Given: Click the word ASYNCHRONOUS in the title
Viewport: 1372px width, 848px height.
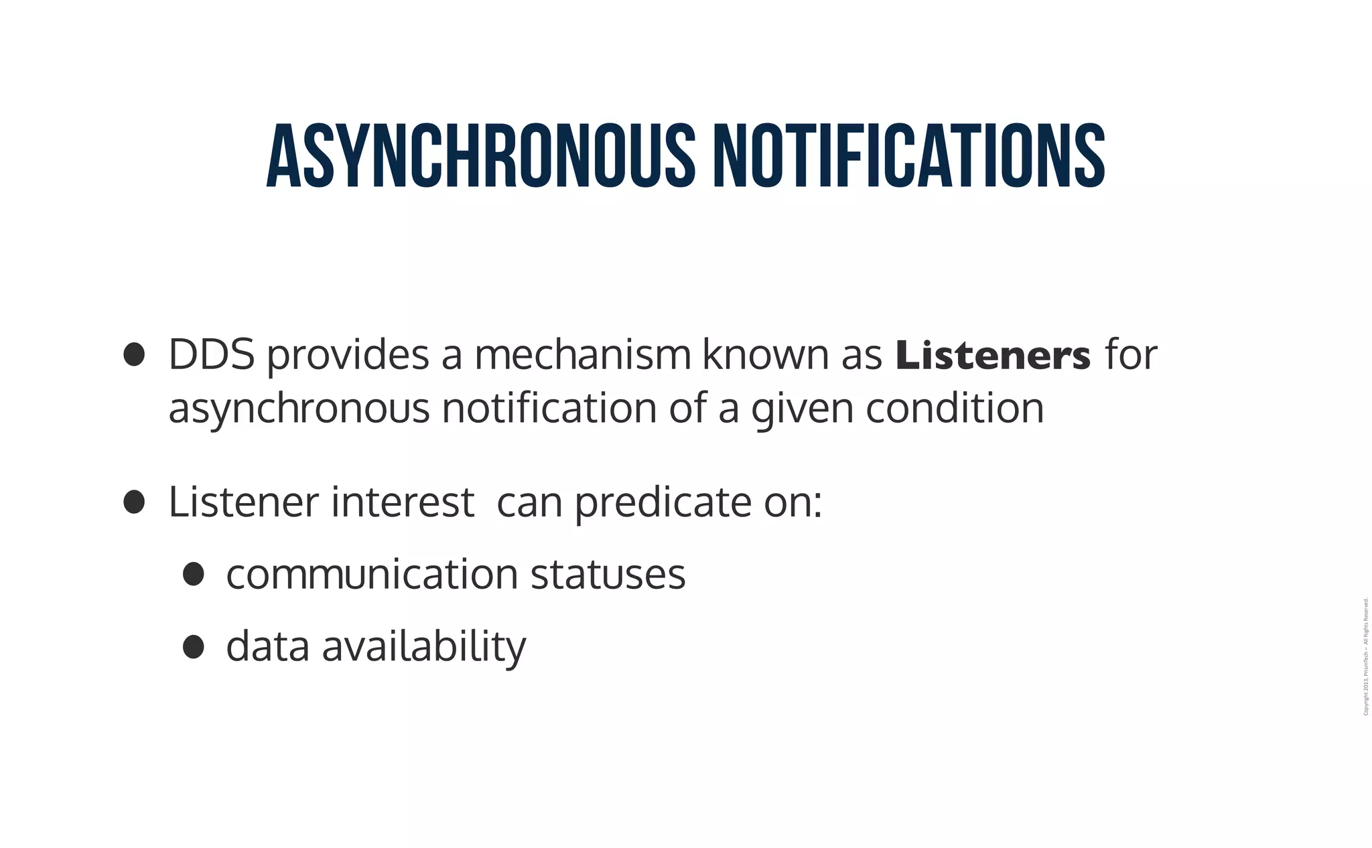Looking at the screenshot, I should (481, 155).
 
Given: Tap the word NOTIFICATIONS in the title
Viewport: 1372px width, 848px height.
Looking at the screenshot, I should (908, 155).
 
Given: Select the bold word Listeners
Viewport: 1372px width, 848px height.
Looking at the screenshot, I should (993, 355).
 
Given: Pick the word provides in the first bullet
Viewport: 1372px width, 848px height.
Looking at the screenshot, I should (348, 356).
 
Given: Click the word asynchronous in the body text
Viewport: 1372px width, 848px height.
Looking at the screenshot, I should (299, 409).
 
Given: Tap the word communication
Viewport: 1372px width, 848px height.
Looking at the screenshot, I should (372, 574).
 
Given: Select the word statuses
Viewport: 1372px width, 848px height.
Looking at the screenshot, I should (608, 575).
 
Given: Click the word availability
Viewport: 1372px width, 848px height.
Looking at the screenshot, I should (424, 647).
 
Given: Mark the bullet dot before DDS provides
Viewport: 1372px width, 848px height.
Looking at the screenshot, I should (135, 355).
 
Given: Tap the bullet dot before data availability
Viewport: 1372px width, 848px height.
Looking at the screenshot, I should (193, 646).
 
